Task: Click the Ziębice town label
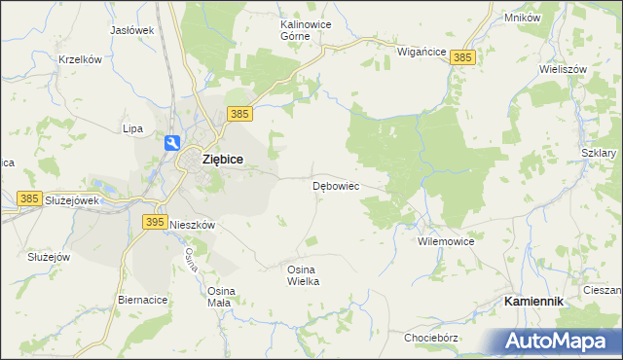coord(221,160)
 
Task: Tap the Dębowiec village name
coord(337,185)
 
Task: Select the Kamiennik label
coord(533,303)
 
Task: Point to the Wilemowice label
coord(445,240)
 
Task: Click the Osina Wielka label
coord(303,274)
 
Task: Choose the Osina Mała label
coord(219,296)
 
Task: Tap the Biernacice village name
coord(141,300)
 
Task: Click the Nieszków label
coord(192,223)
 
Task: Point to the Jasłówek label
coord(132,30)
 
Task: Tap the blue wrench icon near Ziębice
coord(172,143)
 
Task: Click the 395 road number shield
coord(154,223)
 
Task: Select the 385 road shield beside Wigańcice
coord(463,58)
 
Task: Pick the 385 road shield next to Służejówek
coord(29,198)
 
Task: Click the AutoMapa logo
coord(560,341)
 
